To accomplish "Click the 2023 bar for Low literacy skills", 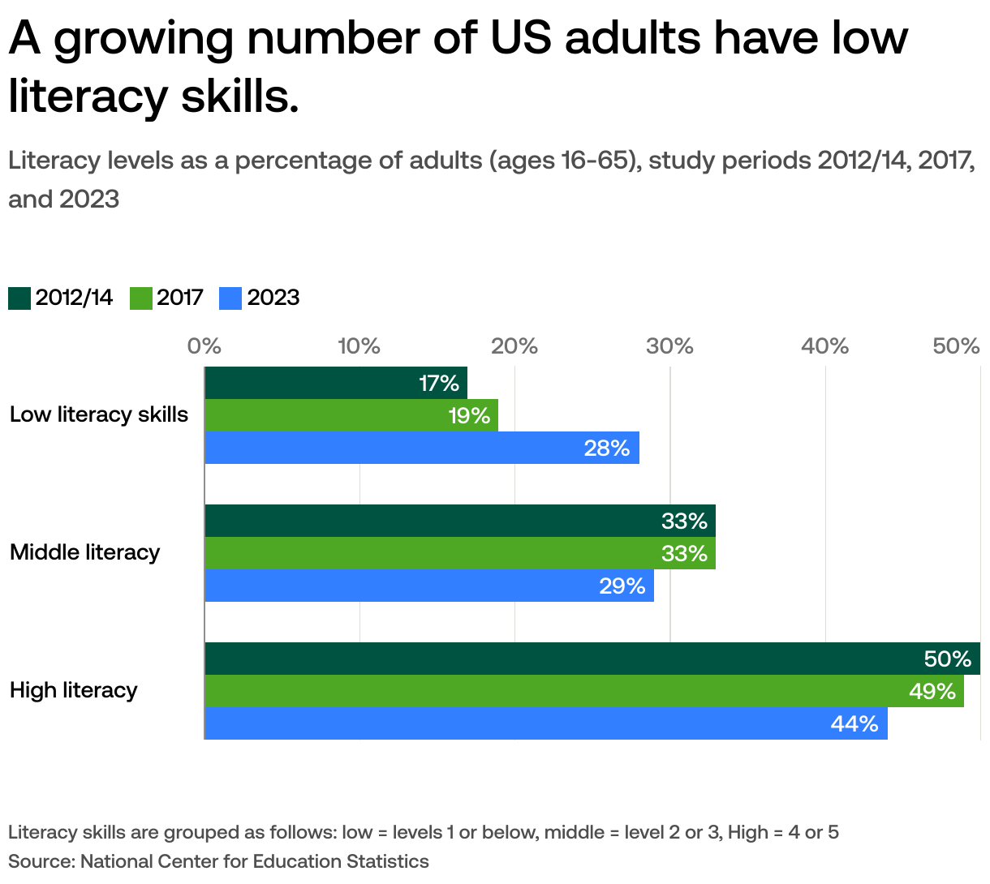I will tap(422, 448).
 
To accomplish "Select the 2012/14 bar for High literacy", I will tap(592, 659).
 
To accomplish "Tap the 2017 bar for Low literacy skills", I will tap(351, 415).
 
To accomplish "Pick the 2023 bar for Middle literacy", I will tap(429, 586).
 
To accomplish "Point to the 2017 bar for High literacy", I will tap(584, 691).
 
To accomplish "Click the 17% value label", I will tap(439, 383).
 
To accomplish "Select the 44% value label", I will tap(854, 723).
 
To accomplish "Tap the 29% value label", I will tap(622, 586).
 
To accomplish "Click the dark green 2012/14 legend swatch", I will tap(19, 298).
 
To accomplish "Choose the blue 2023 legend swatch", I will tap(230, 298).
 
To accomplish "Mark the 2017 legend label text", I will tap(180, 298).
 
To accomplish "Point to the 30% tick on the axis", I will tap(669, 346).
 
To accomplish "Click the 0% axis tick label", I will tap(204, 346).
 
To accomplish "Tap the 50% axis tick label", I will tap(957, 346).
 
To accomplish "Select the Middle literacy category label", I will tap(85, 552).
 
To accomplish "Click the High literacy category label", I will tap(74, 690).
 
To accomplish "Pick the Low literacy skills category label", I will tap(99, 414).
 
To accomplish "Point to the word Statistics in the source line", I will tap(387, 861).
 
